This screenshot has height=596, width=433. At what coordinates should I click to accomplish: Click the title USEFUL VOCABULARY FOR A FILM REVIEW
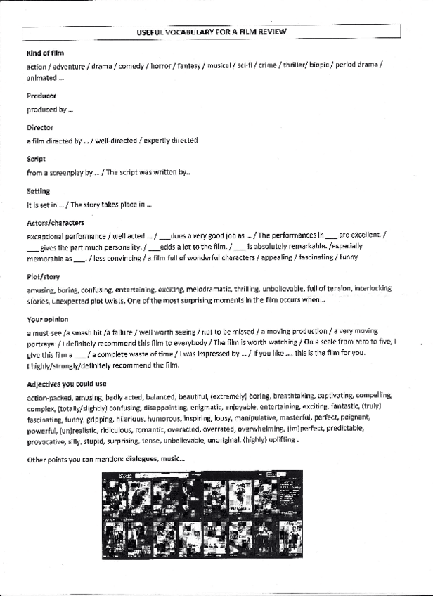(212, 33)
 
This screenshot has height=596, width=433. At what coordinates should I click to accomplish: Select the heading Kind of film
(44, 53)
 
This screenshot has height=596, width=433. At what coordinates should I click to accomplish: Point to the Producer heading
(41, 96)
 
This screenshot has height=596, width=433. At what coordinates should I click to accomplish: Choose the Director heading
(39, 128)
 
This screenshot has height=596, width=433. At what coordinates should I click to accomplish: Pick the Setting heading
(39, 191)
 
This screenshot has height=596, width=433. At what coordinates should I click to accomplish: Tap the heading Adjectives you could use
(67, 384)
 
